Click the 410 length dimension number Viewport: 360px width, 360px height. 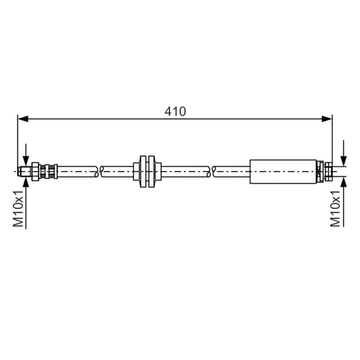175,111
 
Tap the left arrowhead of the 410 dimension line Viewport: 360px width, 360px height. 23,119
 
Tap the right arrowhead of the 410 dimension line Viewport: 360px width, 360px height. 327,119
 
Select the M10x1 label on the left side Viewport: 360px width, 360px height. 18,208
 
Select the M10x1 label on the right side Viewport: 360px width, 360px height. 335,208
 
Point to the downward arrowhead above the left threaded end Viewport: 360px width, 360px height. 26,161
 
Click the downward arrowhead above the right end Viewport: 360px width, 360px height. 343,161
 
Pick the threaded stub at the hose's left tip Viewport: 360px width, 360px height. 25,171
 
